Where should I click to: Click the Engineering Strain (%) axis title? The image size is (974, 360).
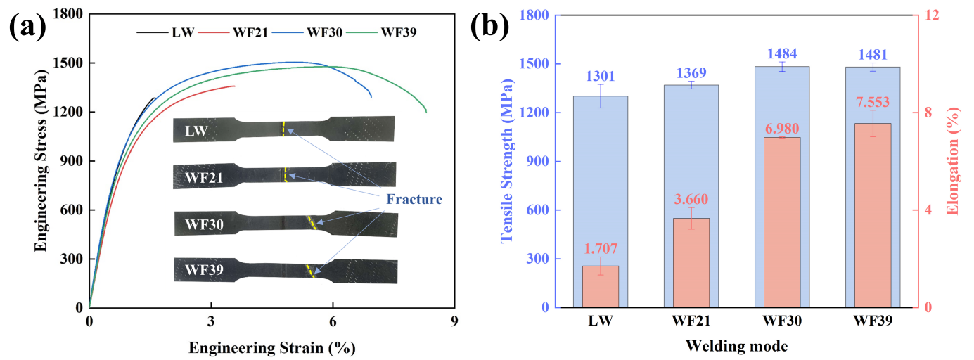click(x=271, y=347)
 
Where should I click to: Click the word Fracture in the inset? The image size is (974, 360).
click(x=414, y=199)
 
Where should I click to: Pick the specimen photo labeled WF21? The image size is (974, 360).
click(x=284, y=176)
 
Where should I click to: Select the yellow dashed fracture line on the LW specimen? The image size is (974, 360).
click(x=283, y=129)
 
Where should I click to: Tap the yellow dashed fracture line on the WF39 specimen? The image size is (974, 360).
click(x=311, y=271)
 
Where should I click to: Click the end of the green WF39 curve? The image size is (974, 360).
click(x=426, y=112)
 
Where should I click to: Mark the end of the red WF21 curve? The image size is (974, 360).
click(x=235, y=86)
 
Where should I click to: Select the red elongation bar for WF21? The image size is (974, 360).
click(x=691, y=262)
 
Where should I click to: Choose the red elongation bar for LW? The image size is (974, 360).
click(x=601, y=286)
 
